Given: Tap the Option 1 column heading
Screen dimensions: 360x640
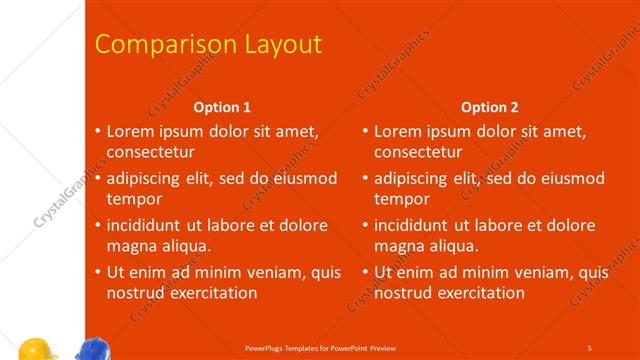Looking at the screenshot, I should pyautogui.click(x=222, y=107).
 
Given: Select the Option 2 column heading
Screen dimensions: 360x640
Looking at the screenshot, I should pyautogui.click(x=490, y=107).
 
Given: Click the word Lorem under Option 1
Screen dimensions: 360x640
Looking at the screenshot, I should pyautogui.click(x=130, y=131).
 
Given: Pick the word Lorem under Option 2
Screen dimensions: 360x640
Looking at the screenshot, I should pyautogui.click(x=398, y=131).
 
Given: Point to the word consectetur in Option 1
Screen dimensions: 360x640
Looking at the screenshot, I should pyautogui.click(x=151, y=153).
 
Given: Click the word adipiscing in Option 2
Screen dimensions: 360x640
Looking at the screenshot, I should pyautogui.click(x=412, y=178).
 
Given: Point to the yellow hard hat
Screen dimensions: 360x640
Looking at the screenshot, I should pyautogui.click(x=37, y=349).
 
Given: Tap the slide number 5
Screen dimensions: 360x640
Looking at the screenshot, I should pyautogui.click(x=589, y=347).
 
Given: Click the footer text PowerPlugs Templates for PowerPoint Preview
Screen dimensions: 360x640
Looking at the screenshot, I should pyautogui.click(x=321, y=347).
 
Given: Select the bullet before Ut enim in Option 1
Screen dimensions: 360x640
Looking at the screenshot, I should pyautogui.click(x=98, y=272).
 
